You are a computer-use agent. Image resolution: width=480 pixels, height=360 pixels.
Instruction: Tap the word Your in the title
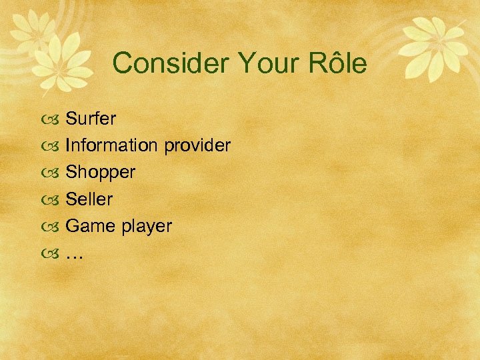point(259,64)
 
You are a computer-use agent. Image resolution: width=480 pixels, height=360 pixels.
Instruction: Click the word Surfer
point(91,119)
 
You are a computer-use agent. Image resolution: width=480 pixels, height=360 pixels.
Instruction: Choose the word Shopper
point(100,173)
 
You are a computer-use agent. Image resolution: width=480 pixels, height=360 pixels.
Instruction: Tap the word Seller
point(89,199)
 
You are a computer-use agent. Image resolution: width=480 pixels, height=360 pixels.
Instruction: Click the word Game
point(91,226)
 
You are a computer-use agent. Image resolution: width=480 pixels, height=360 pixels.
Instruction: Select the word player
point(146,227)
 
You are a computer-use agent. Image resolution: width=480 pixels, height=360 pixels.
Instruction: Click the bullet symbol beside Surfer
point(53,120)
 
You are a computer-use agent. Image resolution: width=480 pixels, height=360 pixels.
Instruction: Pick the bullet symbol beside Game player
point(53,227)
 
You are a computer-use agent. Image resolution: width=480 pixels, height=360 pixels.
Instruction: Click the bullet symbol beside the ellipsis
point(53,253)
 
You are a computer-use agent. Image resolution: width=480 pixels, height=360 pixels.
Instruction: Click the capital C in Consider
point(123,64)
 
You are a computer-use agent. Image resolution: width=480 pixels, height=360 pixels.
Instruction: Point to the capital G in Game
point(73,226)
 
